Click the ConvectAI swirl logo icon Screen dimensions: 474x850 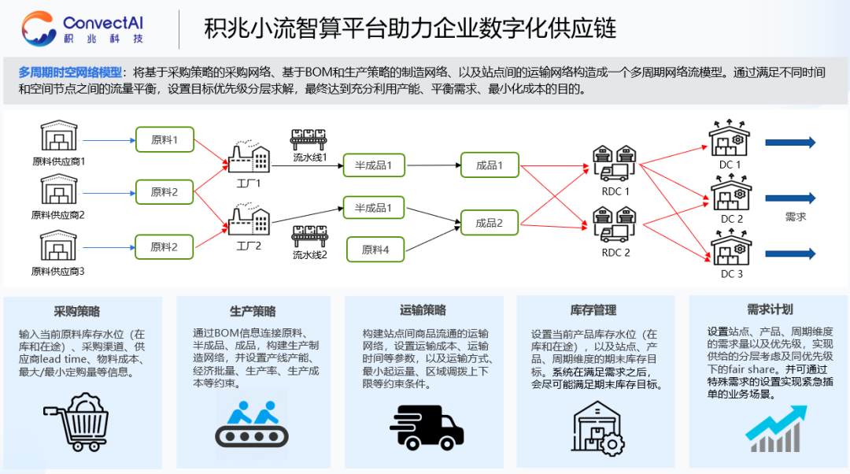(x=39, y=28)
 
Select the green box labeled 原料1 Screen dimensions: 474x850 (x=164, y=140)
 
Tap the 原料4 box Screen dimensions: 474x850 (x=375, y=250)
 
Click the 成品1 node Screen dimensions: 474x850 (x=489, y=165)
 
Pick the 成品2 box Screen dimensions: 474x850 (x=489, y=223)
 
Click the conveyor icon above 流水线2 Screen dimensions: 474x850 (x=310, y=235)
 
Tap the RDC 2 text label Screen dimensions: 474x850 (x=615, y=253)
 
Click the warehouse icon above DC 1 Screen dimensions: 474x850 (x=730, y=139)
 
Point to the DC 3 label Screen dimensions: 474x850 (x=731, y=274)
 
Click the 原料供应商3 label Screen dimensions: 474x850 (x=57, y=272)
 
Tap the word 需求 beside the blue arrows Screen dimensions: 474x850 (x=796, y=217)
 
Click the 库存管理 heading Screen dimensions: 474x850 (x=593, y=310)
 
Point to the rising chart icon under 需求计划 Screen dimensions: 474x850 (x=776, y=428)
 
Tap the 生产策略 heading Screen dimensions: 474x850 (x=253, y=311)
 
